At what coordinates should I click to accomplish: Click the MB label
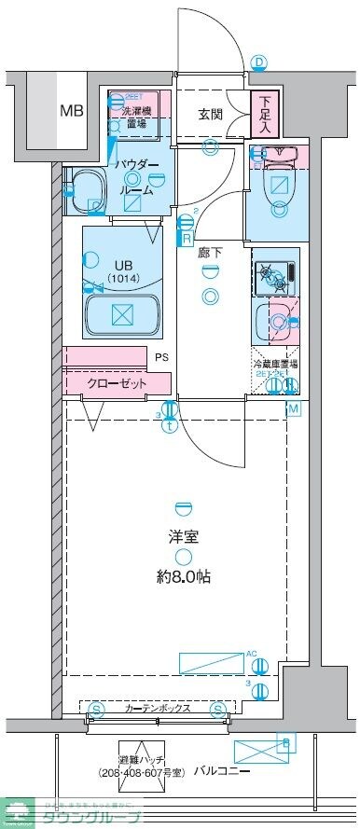72,111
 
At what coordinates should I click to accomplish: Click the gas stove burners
274,274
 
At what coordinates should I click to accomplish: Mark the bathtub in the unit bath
121,314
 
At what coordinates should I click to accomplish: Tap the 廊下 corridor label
209,251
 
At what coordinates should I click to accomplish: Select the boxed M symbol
292,408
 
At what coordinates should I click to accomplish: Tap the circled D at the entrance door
260,62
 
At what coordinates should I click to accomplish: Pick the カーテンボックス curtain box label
158,710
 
